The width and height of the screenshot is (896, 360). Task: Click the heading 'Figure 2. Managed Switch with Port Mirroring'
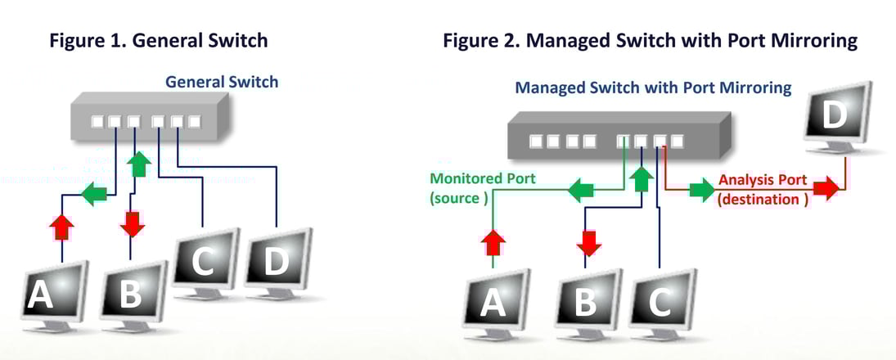click(x=651, y=39)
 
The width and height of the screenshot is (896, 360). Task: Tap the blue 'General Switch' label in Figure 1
click(x=222, y=82)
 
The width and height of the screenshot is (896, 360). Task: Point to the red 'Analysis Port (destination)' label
click(x=763, y=189)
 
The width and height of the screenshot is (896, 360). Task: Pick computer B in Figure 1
click(x=133, y=293)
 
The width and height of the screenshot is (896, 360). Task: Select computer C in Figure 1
click(x=204, y=260)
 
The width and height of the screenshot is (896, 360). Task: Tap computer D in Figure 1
click(x=277, y=260)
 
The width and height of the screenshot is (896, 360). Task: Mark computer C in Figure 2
click(x=661, y=301)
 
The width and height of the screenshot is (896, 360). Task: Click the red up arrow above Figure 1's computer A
click(x=61, y=227)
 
